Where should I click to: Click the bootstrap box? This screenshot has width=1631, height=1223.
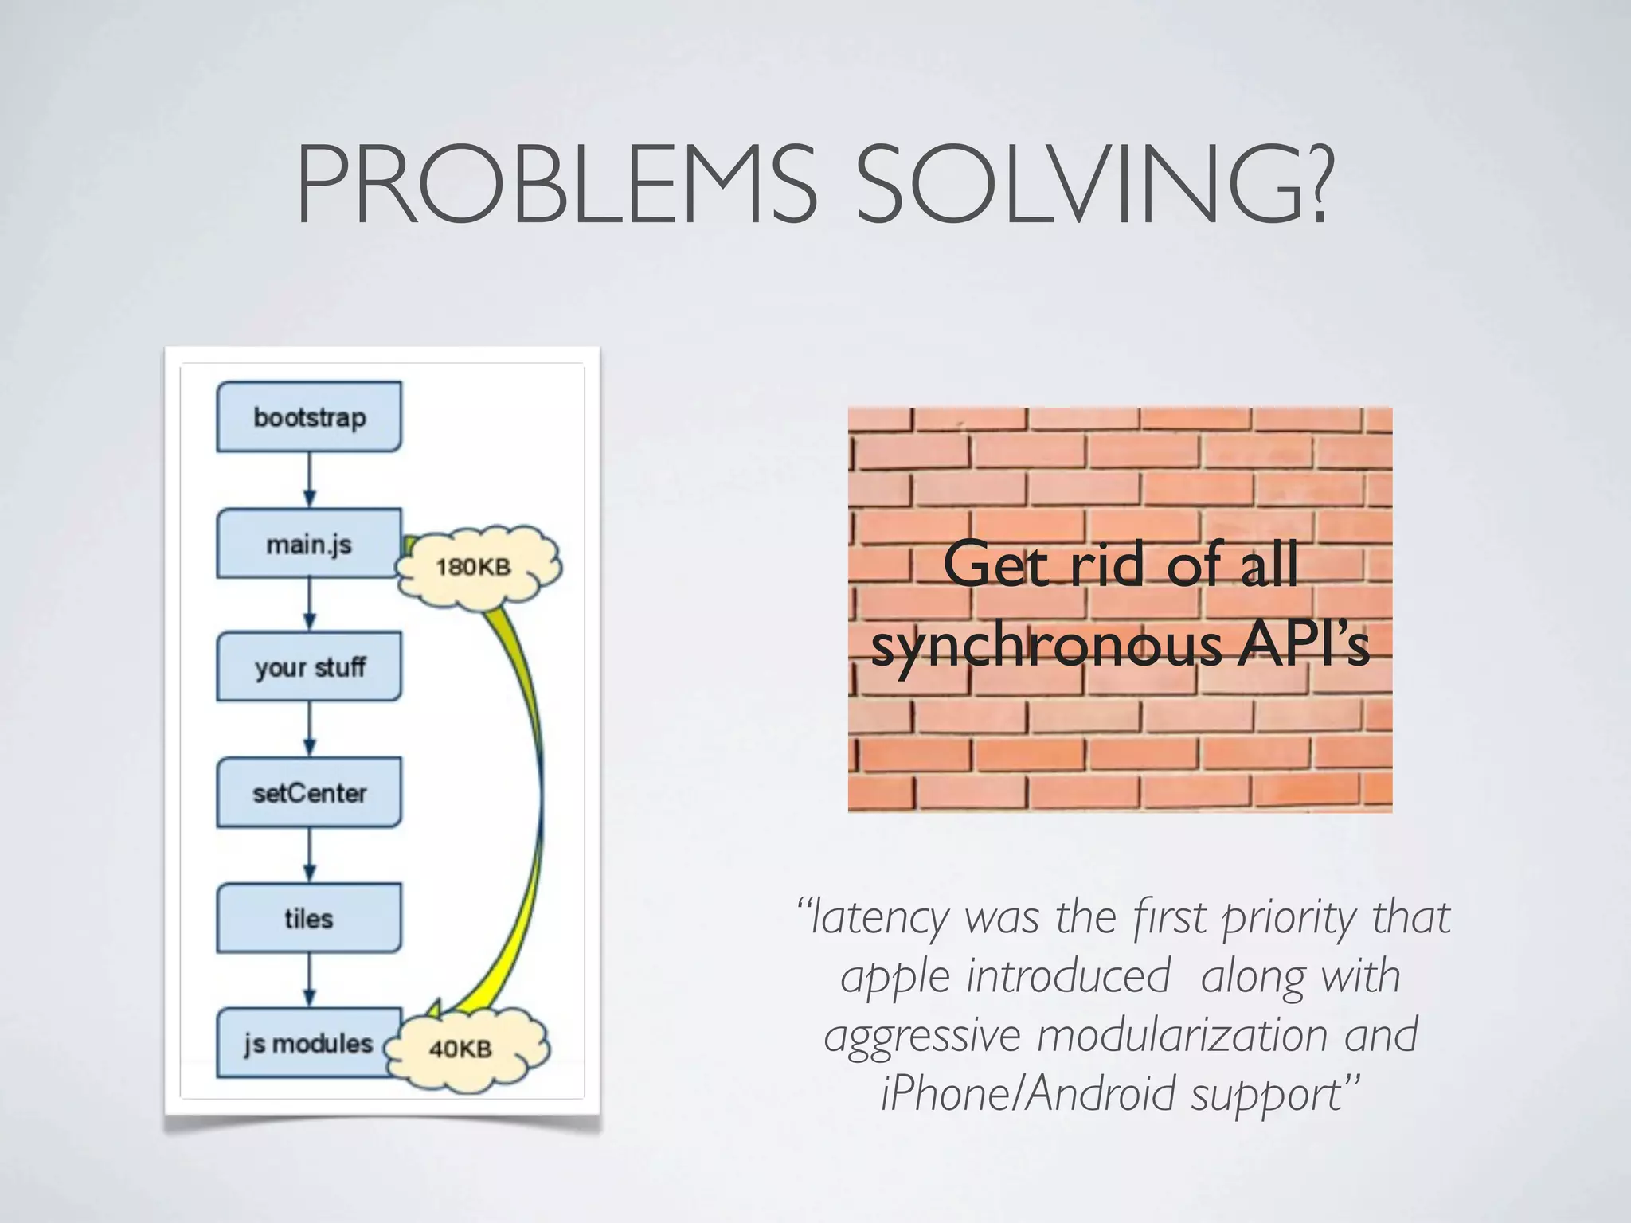coord(309,416)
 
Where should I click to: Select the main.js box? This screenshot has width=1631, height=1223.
coord(309,544)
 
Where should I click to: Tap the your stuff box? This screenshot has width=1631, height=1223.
coord(309,667)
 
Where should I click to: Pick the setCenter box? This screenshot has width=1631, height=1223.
coord(309,793)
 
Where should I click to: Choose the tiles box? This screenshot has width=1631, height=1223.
coord(309,918)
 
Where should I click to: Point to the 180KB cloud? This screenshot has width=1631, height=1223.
coord(476,567)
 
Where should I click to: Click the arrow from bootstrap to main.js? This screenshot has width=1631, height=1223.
coord(310,479)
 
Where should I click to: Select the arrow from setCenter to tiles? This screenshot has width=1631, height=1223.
coord(310,855)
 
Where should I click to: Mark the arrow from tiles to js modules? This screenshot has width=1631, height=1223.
coord(310,980)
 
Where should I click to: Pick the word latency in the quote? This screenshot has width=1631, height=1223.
coord(880,918)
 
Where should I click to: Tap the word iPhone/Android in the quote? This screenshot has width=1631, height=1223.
coord(1028,1094)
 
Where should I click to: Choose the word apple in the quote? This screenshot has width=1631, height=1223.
coord(895,978)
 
